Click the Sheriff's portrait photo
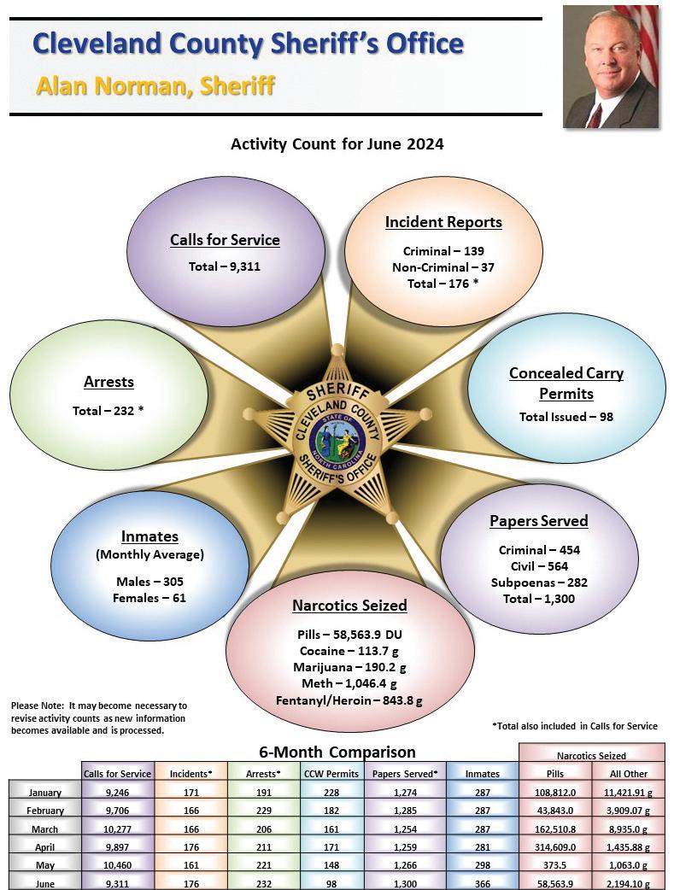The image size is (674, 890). click(x=611, y=67)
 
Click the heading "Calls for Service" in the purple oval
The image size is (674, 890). click(x=225, y=240)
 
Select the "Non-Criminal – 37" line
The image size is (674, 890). click(x=443, y=267)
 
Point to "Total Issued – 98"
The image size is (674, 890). click(x=566, y=417)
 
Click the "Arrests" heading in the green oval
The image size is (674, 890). click(x=108, y=382)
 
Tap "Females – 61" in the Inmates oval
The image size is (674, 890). click(x=149, y=598)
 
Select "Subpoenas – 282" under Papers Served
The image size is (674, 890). click(x=539, y=583)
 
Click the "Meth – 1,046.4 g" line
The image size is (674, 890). click(x=349, y=684)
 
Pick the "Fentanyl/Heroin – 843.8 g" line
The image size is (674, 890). click(x=349, y=700)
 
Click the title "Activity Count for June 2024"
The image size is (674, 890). click(x=337, y=144)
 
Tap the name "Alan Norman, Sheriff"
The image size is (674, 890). click(x=155, y=86)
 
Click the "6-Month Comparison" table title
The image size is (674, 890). click(x=337, y=752)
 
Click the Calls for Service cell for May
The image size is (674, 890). click(x=118, y=864)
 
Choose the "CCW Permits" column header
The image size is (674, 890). click(x=331, y=774)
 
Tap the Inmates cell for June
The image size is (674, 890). click(x=483, y=883)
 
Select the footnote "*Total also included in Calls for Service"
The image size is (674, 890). click(x=575, y=726)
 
